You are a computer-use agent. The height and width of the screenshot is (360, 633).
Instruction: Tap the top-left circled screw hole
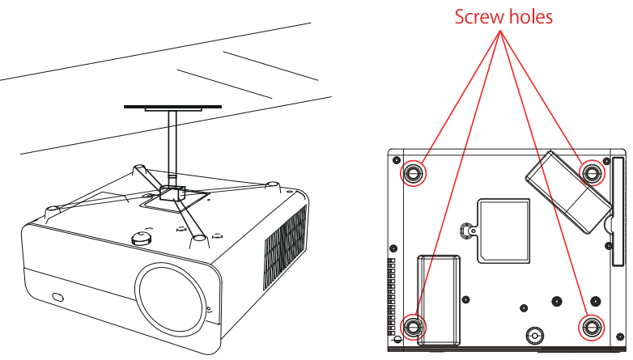click(412, 172)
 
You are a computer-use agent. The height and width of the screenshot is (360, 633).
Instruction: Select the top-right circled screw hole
click(592, 172)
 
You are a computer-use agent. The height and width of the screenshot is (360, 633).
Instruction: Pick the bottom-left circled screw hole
click(413, 327)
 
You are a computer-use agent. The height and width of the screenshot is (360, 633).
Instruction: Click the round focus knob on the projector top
click(142, 236)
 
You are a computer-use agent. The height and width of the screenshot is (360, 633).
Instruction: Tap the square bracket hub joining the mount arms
click(172, 194)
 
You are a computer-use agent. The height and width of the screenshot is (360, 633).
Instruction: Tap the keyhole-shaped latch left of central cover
click(467, 229)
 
